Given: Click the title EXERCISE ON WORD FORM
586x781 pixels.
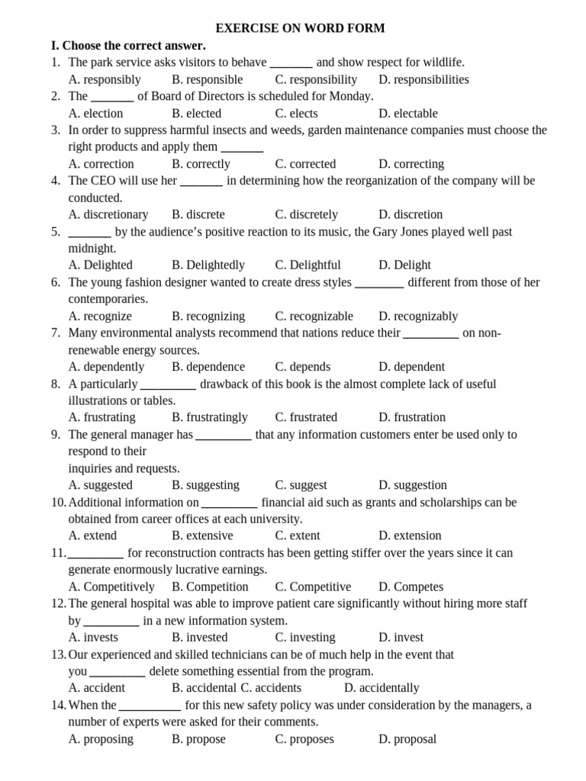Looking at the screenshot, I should [300, 28].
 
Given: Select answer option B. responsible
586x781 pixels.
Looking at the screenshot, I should [208, 79].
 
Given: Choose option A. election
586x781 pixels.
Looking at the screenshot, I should [95, 114].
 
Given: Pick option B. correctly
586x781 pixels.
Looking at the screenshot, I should [201, 164].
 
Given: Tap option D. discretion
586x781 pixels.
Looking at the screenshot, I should [411, 214].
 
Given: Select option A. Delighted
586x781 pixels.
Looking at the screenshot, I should [100, 265].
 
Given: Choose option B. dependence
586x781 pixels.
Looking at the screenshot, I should [208, 367].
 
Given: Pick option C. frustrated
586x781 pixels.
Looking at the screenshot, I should [306, 417].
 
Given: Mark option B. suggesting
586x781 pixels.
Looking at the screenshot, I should [205, 485].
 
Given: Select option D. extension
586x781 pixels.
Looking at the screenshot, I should [410, 535].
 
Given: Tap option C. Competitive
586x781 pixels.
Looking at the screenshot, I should [313, 587].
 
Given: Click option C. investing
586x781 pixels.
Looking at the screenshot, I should [305, 638].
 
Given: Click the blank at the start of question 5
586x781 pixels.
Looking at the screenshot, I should [89, 232].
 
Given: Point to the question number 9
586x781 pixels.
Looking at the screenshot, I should [56, 435].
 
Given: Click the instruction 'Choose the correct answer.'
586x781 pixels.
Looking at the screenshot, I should [134, 46].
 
